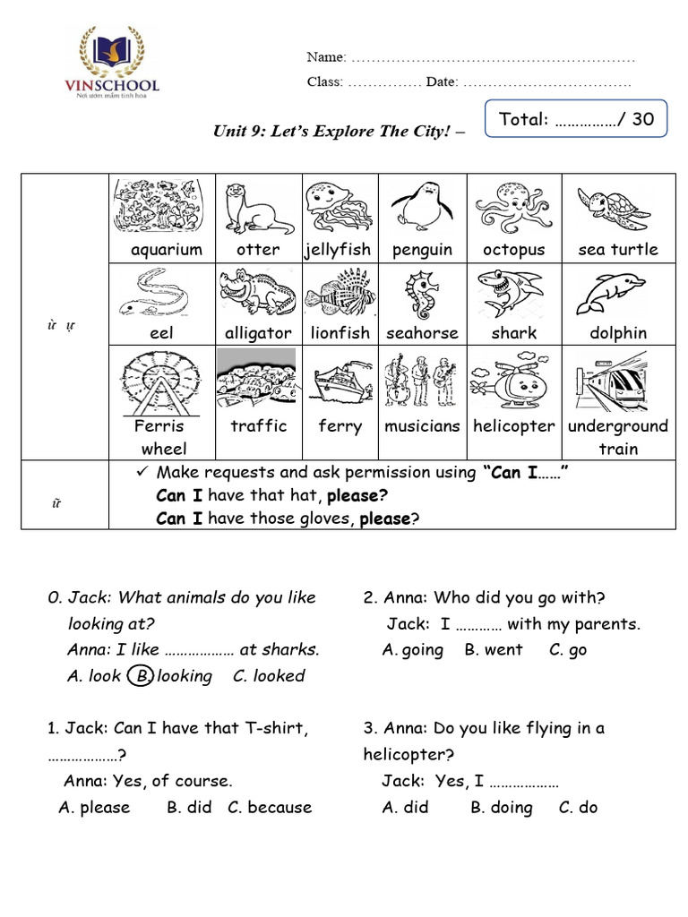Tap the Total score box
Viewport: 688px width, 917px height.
576,119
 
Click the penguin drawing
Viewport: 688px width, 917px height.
421,206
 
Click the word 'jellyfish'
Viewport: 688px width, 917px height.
337,250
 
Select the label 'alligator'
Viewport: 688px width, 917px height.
258,333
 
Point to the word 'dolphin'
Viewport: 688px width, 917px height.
617,333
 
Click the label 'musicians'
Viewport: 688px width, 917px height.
422,426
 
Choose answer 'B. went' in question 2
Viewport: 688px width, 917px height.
493,650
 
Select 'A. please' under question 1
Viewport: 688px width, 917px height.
94,807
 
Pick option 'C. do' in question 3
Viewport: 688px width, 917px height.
578,807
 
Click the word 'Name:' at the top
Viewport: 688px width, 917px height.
326,57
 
